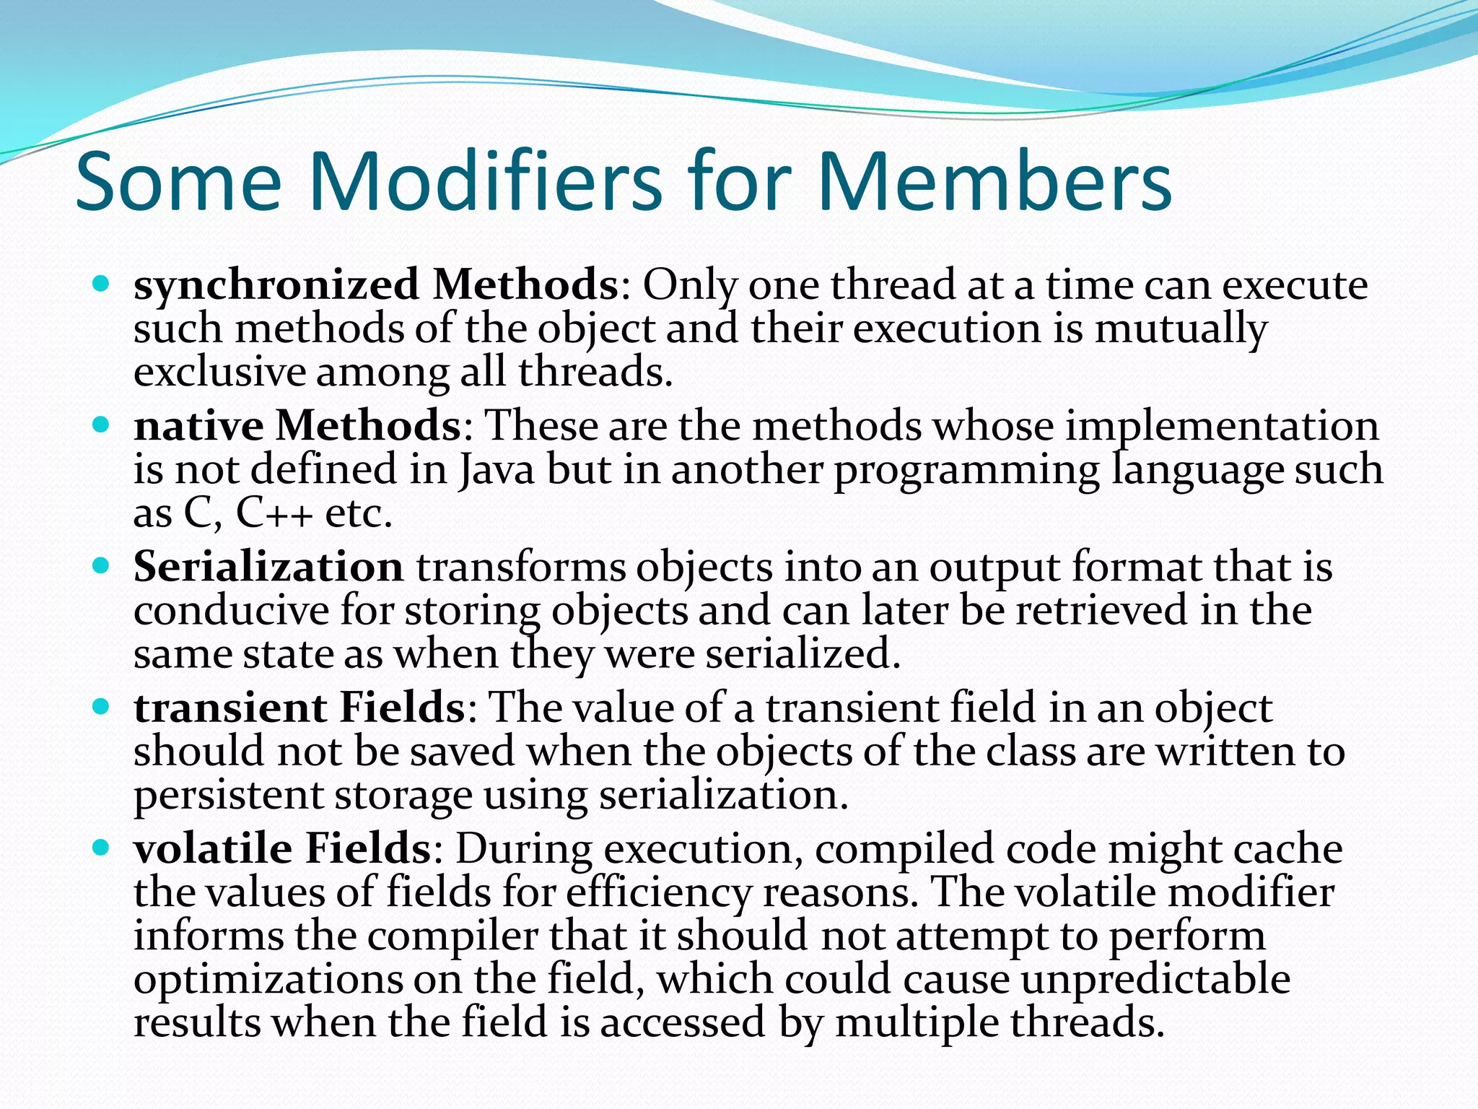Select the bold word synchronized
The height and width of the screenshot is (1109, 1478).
coord(276,286)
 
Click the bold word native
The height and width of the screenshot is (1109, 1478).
coord(198,426)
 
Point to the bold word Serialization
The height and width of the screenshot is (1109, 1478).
coord(268,567)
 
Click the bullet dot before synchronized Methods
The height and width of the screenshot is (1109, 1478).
coord(101,284)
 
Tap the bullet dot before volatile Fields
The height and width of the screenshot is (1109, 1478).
coord(101,846)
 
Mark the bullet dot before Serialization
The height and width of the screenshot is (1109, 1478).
coord(101,565)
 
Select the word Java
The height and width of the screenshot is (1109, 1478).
coord(497,470)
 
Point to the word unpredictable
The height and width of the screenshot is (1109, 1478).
coord(1155,980)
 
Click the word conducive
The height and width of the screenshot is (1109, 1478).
coord(232,611)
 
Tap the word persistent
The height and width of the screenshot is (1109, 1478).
coord(229,796)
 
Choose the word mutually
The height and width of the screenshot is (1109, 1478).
coord(1181,330)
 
